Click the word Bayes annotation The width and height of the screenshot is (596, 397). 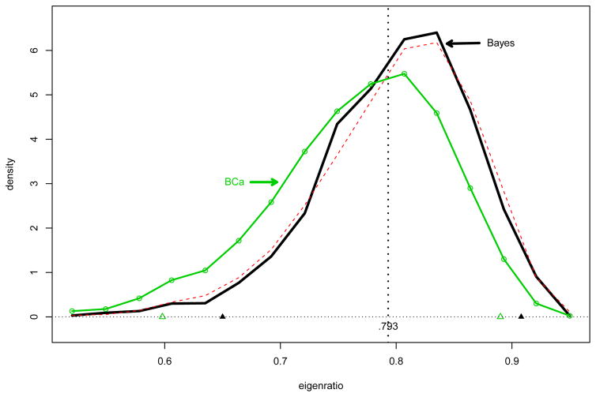point(500,43)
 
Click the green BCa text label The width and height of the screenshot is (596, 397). point(233,182)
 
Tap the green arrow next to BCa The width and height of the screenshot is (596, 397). point(264,182)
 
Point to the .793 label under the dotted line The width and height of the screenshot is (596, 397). point(387,327)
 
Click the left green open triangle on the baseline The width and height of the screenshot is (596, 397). point(162,316)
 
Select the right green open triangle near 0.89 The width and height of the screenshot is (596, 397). point(500,316)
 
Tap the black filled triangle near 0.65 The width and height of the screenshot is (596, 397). point(222,316)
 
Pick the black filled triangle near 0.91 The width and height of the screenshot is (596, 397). point(521,316)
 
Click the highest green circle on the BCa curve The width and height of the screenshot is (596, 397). point(404,73)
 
